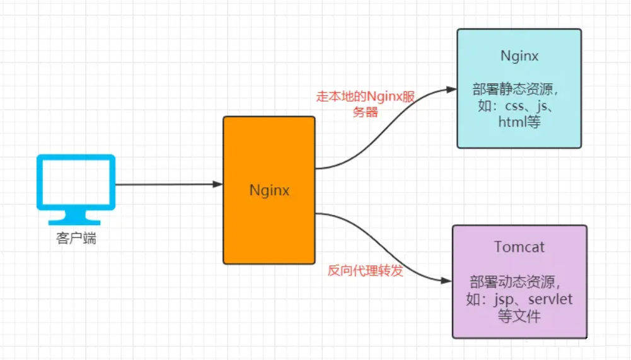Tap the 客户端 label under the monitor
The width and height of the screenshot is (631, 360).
76,239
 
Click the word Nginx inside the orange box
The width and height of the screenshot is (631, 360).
269,190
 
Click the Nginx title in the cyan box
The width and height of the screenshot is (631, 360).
519,55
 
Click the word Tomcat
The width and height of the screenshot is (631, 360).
519,247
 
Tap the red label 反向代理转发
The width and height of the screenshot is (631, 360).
366,270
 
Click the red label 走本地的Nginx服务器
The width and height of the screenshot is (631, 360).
365,105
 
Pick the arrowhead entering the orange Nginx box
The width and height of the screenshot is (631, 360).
217,185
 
